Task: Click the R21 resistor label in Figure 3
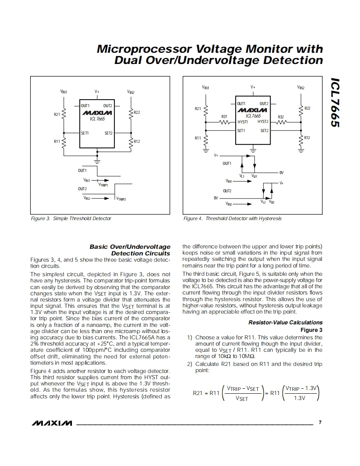point(57,114)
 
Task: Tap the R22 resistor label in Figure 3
point(137,113)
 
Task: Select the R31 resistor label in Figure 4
point(224,117)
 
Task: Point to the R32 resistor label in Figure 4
point(281,117)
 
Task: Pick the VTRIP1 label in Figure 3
point(103,185)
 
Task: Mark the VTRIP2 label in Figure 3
point(121,199)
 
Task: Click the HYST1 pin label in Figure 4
point(243,122)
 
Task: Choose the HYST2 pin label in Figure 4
point(263,122)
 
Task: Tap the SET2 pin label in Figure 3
point(108,133)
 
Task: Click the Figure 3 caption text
point(71,218)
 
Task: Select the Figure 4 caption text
point(232,218)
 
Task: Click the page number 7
point(320,423)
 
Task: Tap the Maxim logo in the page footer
point(52,423)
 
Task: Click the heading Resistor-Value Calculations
point(285,322)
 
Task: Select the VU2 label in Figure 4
point(271,202)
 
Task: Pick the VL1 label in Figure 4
point(242,176)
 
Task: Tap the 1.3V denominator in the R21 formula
point(299,398)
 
